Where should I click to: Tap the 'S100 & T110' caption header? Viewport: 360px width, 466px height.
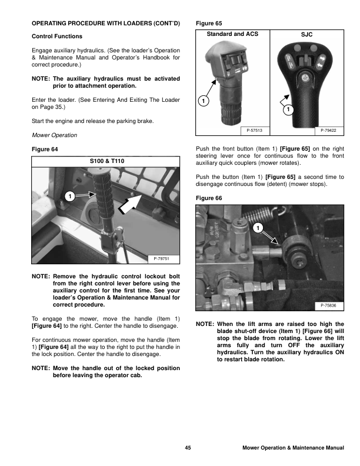[106, 161]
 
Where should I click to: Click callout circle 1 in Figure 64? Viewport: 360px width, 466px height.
[69, 195]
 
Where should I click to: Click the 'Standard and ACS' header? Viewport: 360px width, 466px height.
[232, 34]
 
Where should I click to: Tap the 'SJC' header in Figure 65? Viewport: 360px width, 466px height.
[307, 35]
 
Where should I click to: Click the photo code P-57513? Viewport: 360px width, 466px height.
[255, 129]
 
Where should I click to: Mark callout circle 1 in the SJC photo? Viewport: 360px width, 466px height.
[288, 110]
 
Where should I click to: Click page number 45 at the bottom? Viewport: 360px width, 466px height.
[188, 448]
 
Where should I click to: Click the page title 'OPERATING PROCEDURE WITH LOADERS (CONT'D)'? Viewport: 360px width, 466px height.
[105, 24]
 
